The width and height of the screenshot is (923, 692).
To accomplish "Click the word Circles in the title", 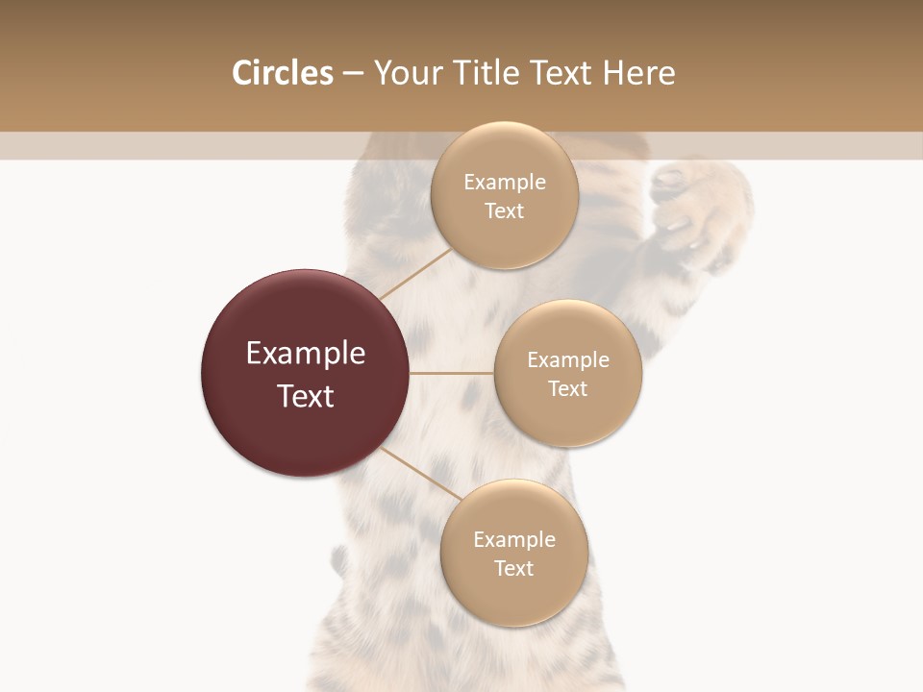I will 282,73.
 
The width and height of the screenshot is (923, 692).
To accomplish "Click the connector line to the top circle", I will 416,273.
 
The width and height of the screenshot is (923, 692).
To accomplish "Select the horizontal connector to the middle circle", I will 452,373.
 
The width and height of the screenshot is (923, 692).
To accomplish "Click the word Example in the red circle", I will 306,354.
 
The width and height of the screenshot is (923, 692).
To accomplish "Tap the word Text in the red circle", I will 306,396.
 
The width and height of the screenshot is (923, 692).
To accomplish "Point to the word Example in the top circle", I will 505,183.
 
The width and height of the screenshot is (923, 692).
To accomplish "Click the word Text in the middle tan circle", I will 568,388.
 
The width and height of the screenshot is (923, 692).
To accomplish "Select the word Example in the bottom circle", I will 514,539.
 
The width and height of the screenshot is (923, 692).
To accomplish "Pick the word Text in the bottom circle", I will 514,568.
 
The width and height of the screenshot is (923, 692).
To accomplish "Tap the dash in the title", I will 353,74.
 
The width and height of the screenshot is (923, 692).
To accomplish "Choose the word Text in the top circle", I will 505,211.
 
